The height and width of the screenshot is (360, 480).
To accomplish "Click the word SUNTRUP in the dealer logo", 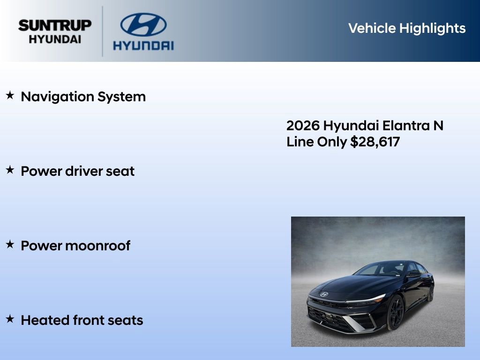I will point(55,25).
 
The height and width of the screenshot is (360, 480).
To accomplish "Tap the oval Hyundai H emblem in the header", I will point(143,25).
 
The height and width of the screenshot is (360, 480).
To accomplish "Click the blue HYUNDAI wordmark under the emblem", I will point(143,45).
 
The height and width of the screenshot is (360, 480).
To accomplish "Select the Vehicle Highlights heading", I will point(407,28).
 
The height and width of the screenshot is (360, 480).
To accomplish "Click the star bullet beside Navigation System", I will point(10,96).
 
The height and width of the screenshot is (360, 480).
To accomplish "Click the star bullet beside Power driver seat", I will point(10,170).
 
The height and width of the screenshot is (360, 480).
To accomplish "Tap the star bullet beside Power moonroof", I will point(10,244).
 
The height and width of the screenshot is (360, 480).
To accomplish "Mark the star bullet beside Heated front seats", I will point(10,319).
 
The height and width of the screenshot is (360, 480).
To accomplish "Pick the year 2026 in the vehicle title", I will point(303,126).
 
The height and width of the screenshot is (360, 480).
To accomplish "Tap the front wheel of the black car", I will point(395,313).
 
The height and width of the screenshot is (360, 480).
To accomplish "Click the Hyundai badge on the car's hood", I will point(324,294).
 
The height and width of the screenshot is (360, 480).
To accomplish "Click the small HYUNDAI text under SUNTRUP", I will point(55,39).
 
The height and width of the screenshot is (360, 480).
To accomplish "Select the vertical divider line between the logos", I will point(103,31).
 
